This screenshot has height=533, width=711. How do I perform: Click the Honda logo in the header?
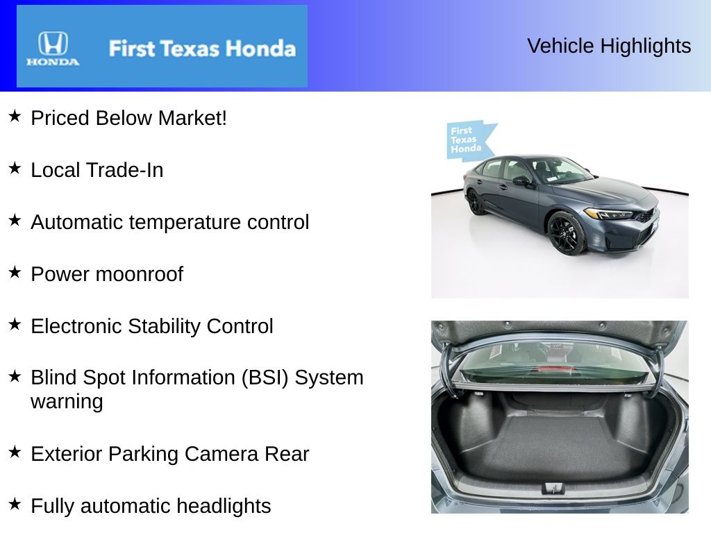click(x=53, y=49)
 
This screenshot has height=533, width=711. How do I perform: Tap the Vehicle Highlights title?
click(x=609, y=46)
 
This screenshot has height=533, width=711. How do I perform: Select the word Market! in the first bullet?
click(x=192, y=118)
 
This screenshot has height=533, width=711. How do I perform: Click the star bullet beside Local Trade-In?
click(x=15, y=168)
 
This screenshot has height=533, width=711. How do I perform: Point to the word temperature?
click(x=186, y=223)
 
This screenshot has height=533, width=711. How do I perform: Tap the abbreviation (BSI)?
click(x=265, y=378)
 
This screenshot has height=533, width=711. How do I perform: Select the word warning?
click(x=67, y=402)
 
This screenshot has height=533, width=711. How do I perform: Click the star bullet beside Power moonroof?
click(x=15, y=272)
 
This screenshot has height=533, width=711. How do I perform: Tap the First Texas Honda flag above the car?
click(x=469, y=139)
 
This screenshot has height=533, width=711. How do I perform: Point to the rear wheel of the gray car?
click(x=474, y=201)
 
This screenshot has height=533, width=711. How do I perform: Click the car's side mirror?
click(x=521, y=181)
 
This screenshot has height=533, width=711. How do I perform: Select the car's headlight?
click(x=608, y=214)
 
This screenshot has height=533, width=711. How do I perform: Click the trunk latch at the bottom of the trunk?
click(x=553, y=488)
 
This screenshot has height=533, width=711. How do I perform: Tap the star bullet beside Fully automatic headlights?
click(x=15, y=504)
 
